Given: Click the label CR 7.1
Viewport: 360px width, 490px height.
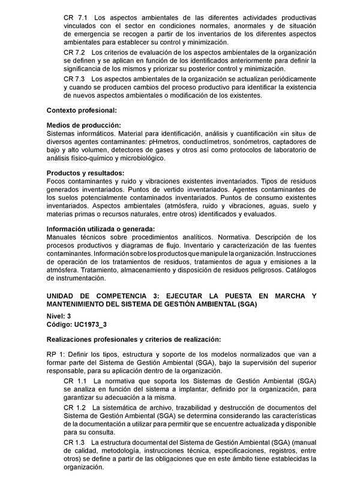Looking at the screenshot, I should pos(75,18).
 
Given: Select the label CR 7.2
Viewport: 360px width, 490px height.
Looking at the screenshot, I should pos(75,53).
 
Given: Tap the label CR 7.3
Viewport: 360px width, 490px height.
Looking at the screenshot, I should pos(75,79).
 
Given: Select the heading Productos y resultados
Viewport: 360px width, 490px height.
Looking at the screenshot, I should pos(86,173).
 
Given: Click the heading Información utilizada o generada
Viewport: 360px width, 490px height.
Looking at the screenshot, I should pos(101,229).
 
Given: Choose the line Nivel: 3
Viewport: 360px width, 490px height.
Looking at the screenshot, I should pos(59,316).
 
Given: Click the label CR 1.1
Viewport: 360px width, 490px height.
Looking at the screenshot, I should pos(75,381).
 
